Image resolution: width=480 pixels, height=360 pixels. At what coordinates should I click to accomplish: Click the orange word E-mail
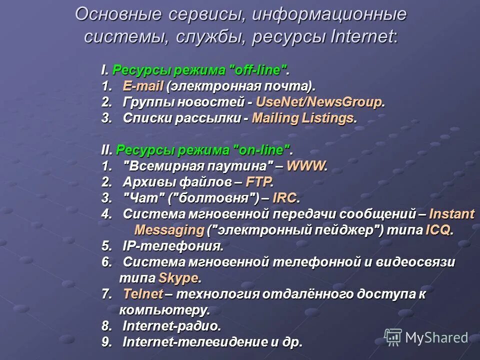click(143, 86)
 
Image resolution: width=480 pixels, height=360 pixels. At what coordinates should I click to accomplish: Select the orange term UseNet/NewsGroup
click(319, 102)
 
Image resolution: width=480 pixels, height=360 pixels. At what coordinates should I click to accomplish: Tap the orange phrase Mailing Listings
click(303, 118)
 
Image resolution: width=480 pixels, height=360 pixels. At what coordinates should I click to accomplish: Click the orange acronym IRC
click(285, 198)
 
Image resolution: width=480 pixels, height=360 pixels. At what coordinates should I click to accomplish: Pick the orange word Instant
click(452, 214)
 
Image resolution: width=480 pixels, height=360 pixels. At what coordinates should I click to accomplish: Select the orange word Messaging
click(169, 230)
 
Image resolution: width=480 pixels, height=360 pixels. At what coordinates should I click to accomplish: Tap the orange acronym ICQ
click(438, 230)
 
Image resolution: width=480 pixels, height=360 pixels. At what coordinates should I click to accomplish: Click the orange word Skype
click(178, 277)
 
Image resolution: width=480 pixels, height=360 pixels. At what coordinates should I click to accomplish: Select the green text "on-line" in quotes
click(260, 150)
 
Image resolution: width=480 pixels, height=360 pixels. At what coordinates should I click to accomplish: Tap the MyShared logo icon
click(393, 337)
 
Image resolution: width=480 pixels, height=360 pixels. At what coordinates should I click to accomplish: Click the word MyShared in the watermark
click(436, 338)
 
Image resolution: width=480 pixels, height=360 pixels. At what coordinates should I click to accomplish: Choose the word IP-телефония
click(172, 246)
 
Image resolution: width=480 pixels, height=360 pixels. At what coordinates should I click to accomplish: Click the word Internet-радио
click(171, 326)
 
